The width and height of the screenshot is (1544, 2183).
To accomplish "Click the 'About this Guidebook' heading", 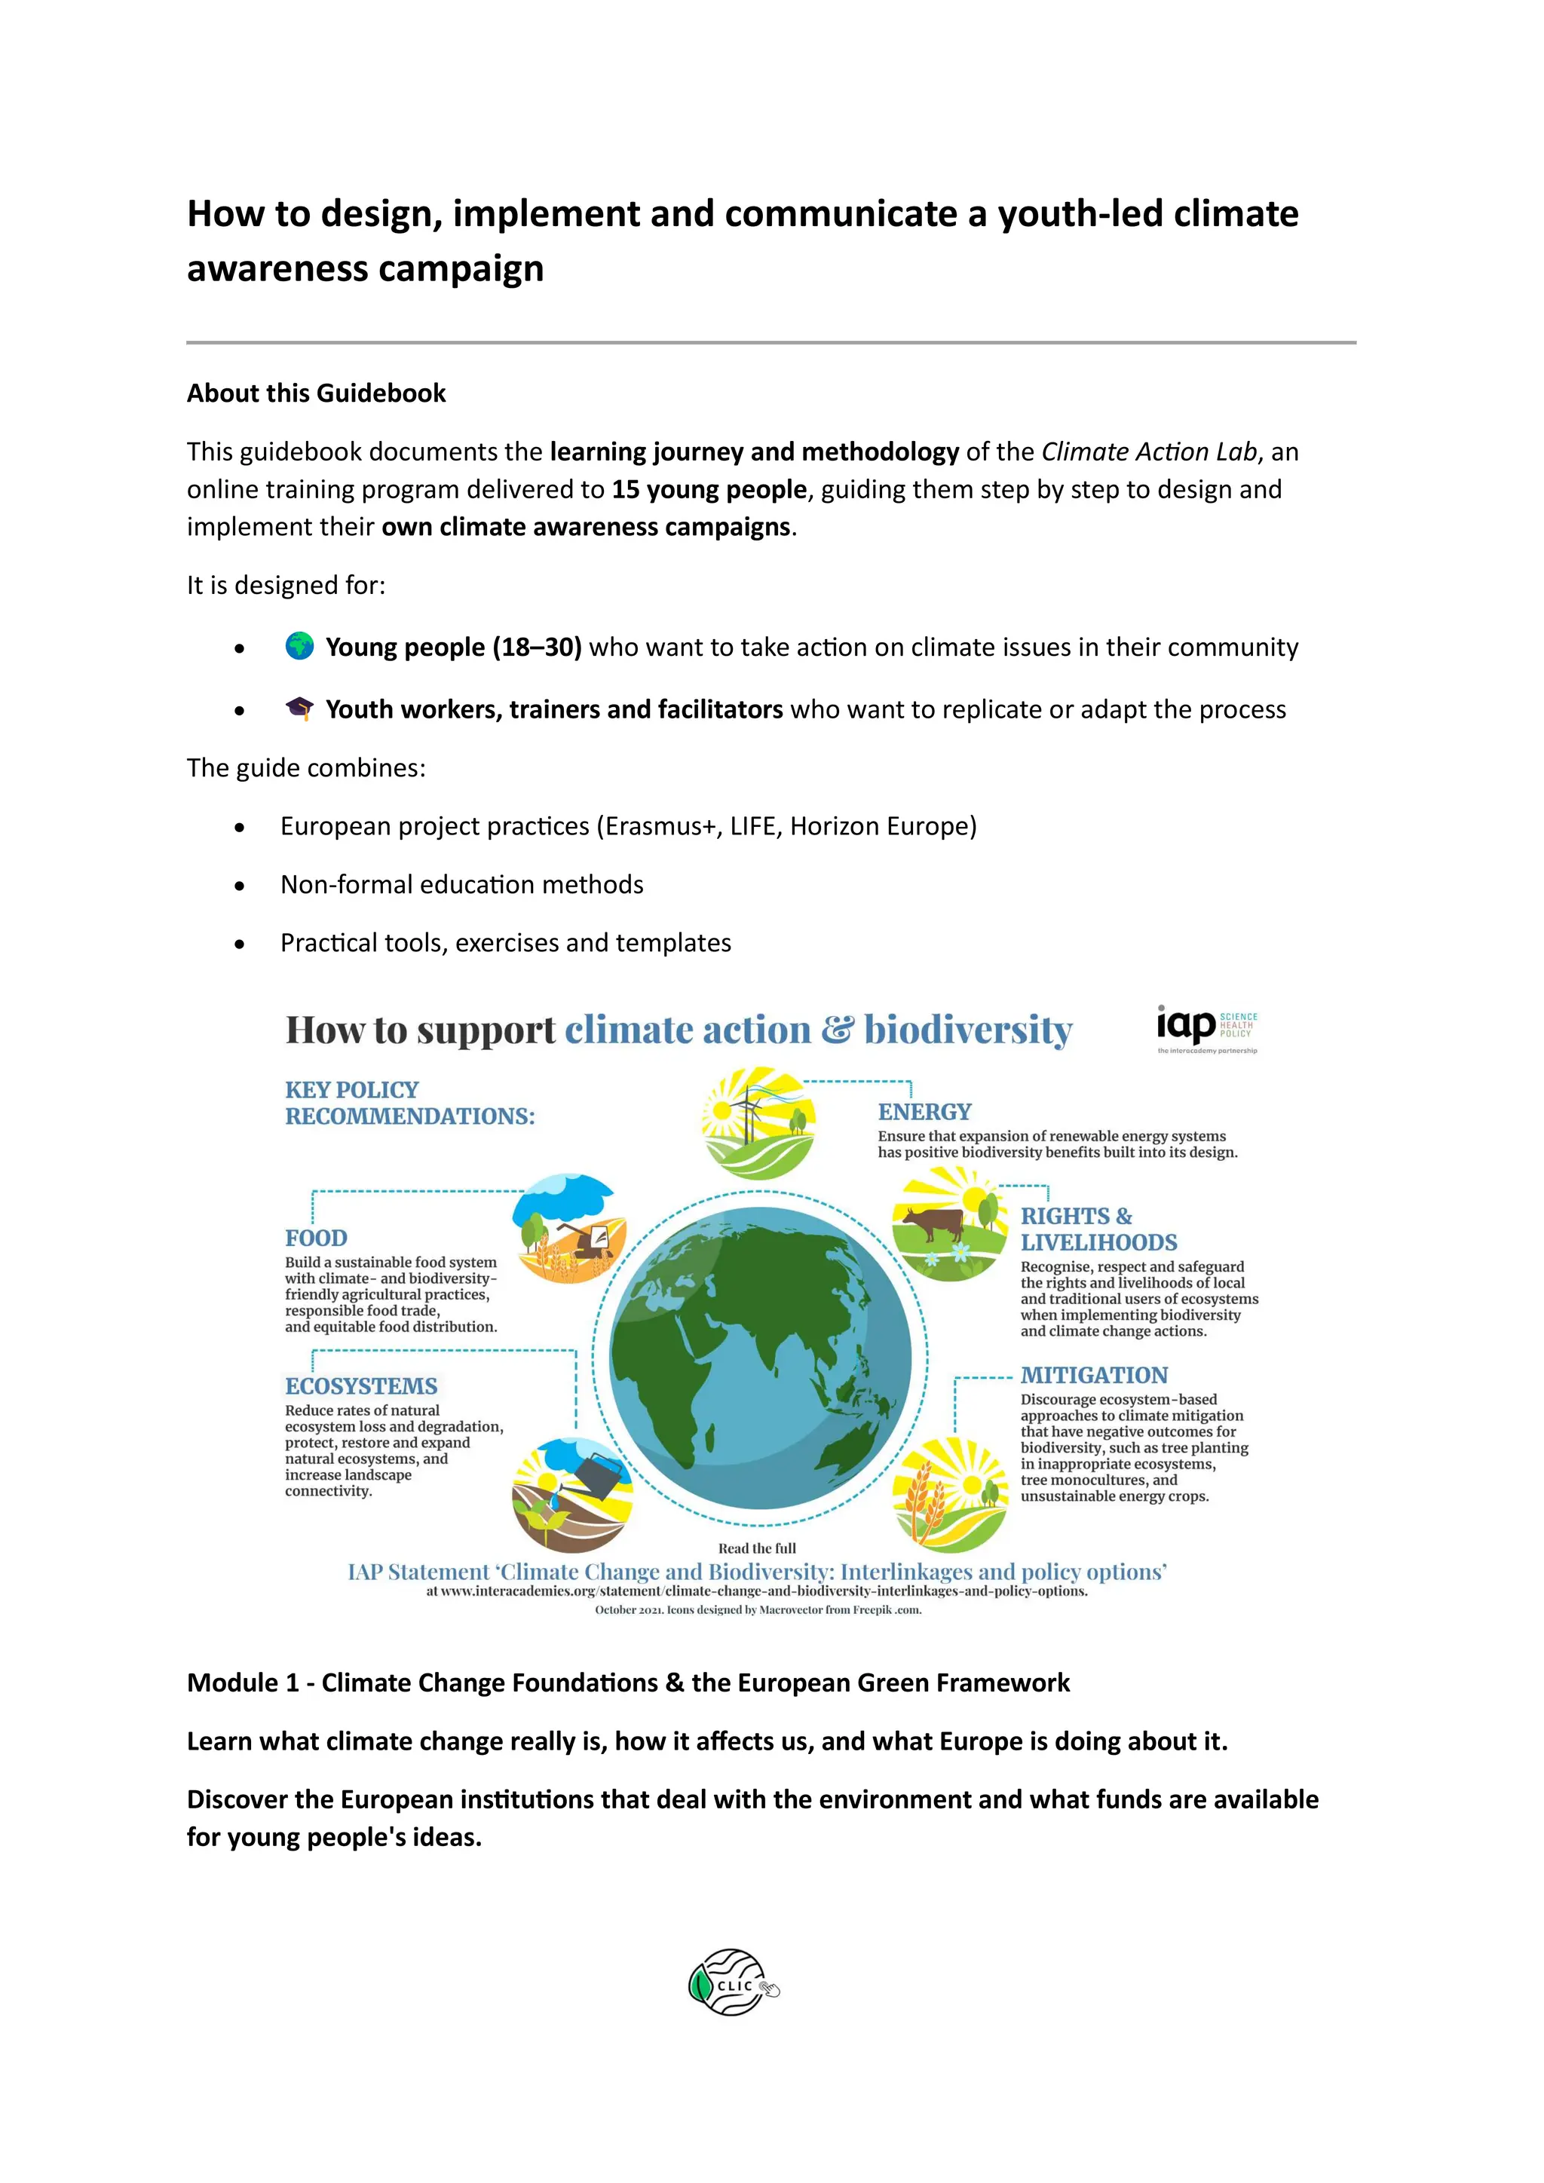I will pyautogui.click(x=316, y=393).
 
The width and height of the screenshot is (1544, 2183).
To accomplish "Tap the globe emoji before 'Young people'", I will pyautogui.click(x=299, y=647).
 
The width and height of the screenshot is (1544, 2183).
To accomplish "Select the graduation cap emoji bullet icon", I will pyautogui.click(x=299, y=709).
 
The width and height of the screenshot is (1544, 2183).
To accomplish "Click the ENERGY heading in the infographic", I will pyautogui.click(x=924, y=1111).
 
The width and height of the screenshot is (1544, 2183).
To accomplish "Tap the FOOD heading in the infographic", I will pyautogui.click(x=316, y=1238).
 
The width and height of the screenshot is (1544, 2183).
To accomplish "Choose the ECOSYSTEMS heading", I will pyautogui.click(x=361, y=1386).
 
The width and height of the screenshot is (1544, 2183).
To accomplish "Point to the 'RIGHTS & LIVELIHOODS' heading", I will pyautogui.click(x=1098, y=1229).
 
